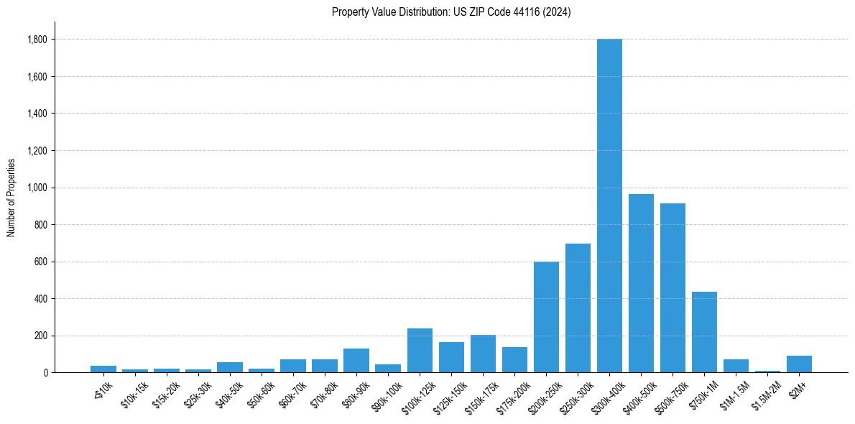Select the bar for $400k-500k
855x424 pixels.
coord(641,283)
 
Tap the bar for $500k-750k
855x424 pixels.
coord(673,287)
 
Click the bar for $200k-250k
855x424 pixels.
coord(546,317)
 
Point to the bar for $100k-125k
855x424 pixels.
coord(420,351)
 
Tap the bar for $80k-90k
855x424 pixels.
coord(356,361)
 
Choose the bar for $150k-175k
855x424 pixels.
coord(483,354)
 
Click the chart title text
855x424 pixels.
coord(451,12)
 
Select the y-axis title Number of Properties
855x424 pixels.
coord(11,197)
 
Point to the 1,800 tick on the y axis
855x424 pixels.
coord(37,40)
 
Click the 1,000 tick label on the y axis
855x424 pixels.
coord(37,188)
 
